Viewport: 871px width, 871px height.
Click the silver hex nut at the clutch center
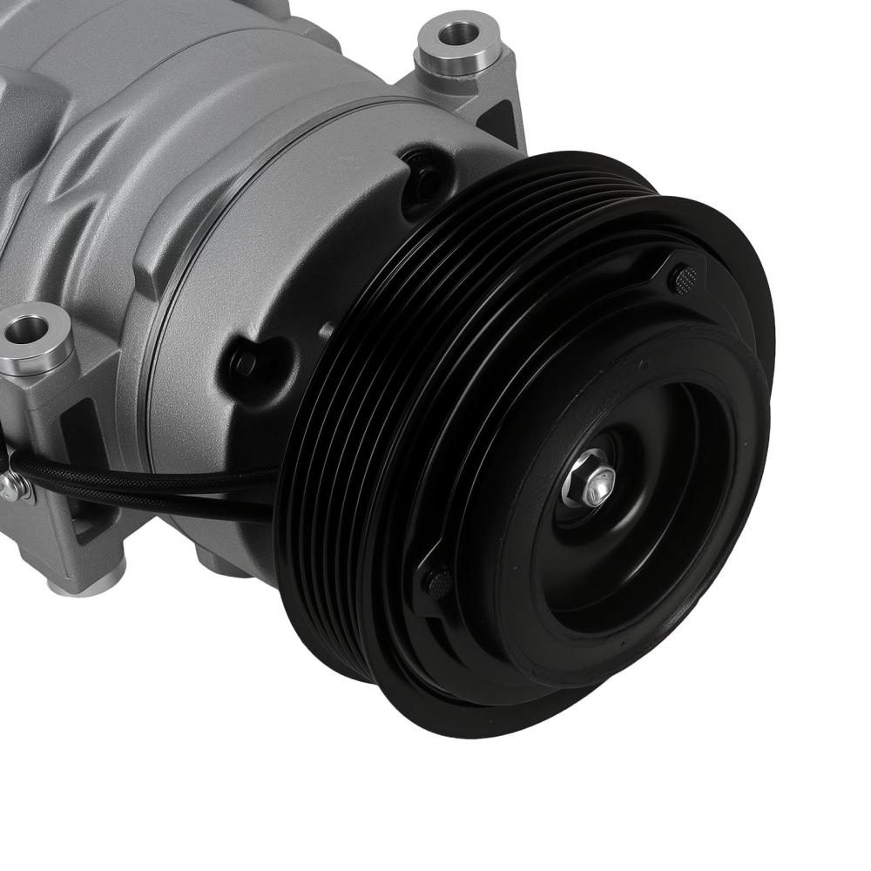click(x=593, y=481)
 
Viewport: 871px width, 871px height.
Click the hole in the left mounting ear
click(x=28, y=328)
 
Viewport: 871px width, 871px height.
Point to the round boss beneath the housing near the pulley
click(x=218, y=557)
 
